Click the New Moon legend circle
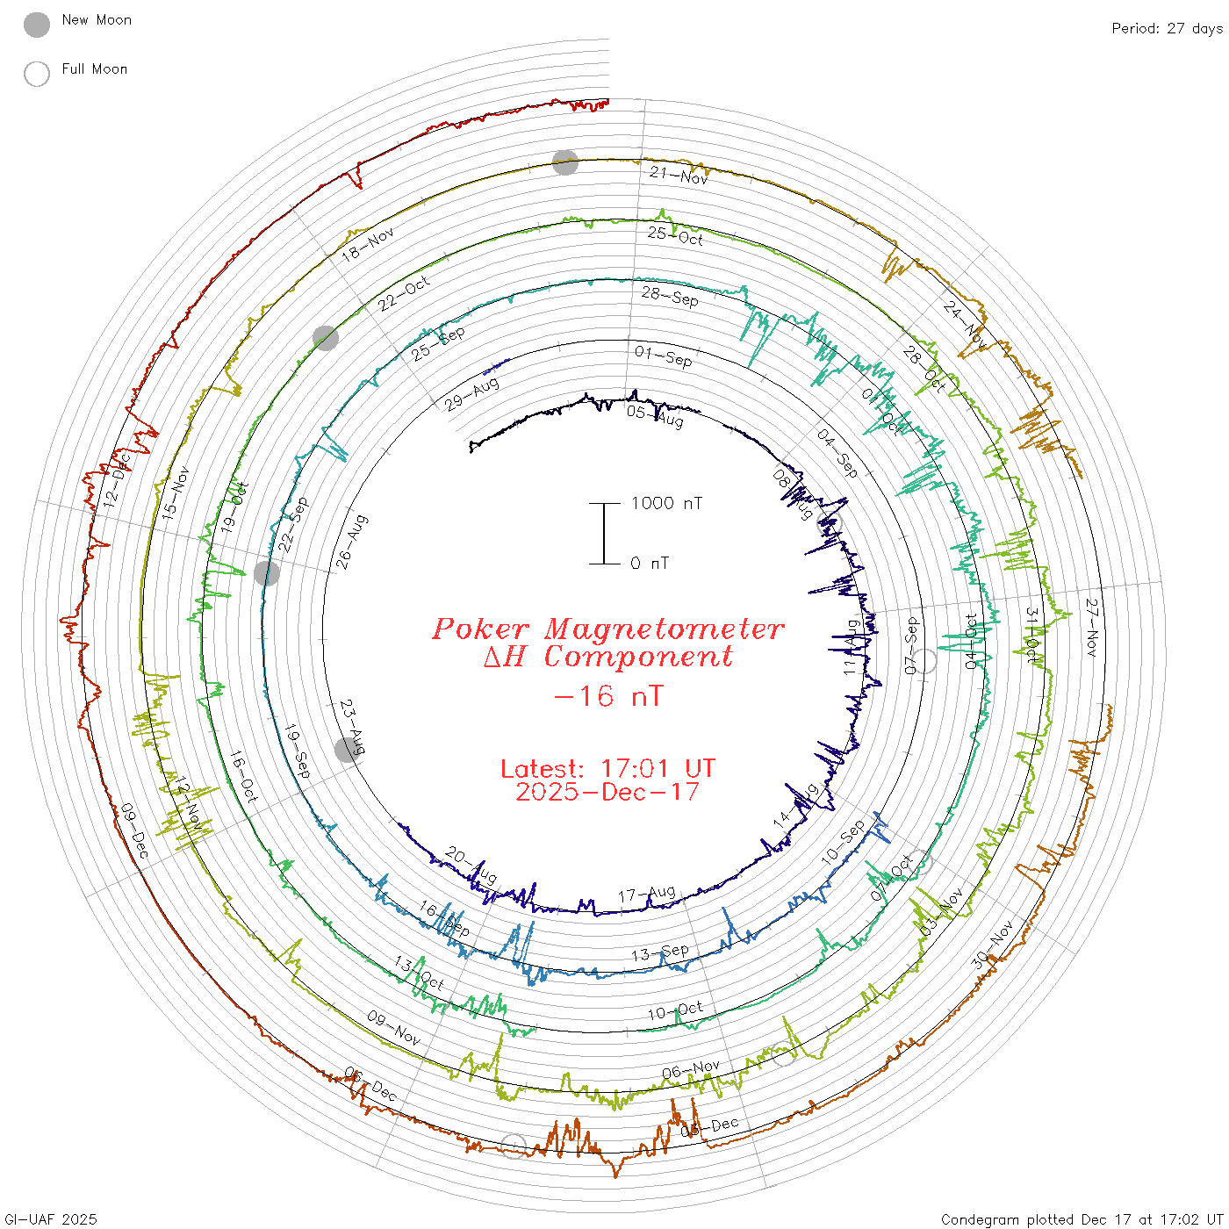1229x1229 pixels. tap(37, 25)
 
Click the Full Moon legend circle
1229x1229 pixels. tap(37, 74)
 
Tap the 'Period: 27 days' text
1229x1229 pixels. tap(1167, 29)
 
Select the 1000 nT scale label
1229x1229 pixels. tap(666, 503)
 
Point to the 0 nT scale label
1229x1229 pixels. tap(650, 564)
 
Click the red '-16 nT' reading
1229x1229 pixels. tap(607, 697)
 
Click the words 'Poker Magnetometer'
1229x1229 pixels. tap(607, 629)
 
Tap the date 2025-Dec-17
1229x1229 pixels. tap(607, 792)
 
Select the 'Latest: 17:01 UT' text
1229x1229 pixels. tap(607, 769)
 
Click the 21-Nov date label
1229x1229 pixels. tap(679, 176)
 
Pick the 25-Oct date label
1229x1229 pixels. tap(675, 235)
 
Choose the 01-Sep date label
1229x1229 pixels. tap(663, 356)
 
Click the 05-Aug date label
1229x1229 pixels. tap(655, 415)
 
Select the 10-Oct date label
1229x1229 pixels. tap(675, 1011)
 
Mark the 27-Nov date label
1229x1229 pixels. tap(1092, 628)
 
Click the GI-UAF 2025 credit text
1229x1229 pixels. tap(50, 1219)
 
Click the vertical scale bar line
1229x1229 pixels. tap(604, 533)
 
